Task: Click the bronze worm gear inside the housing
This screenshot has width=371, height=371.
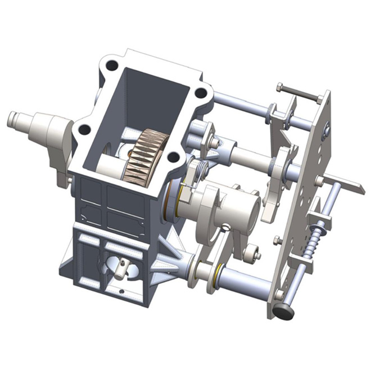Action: (147, 154)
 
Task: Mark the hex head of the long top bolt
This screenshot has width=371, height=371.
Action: (279, 88)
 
